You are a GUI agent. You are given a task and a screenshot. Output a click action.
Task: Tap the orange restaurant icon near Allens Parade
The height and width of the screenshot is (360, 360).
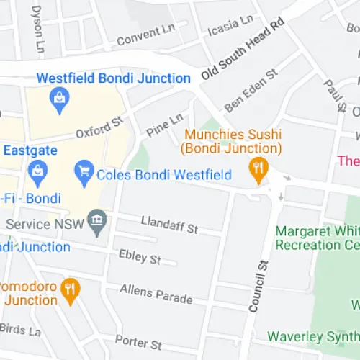[70, 289]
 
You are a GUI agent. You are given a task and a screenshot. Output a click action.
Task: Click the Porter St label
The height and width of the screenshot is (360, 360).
[138, 343]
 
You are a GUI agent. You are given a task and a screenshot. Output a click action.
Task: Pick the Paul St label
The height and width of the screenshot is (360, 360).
[334, 95]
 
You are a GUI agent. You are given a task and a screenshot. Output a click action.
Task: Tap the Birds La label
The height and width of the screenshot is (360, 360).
[19, 330]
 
